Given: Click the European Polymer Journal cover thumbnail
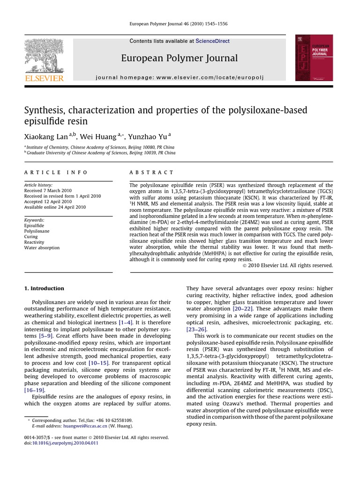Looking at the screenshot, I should [314, 58].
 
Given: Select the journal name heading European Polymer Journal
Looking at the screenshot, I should [180, 58].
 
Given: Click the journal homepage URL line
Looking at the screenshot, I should [180, 76].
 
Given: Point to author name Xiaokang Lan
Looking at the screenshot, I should [46, 136].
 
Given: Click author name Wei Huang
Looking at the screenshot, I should [98, 136].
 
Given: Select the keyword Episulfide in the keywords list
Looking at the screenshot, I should [34, 225].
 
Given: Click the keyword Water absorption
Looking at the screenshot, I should [42, 248].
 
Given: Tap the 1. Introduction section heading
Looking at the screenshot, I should [44, 288].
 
